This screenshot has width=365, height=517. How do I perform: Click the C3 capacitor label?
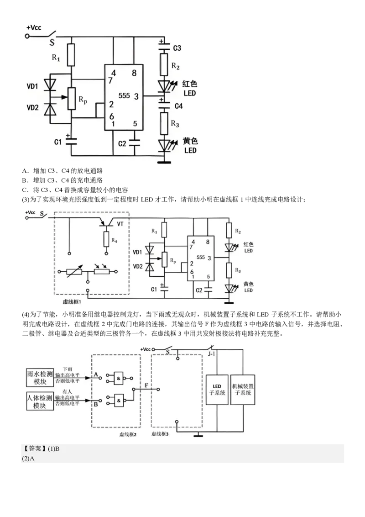(x=177, y=48)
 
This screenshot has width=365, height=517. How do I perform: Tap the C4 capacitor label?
(x=178, y=106)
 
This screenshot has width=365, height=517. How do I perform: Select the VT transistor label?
(x=120, y=224)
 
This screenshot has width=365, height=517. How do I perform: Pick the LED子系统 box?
(x=217, y=389)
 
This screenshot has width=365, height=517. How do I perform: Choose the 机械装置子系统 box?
(x=243, y=389)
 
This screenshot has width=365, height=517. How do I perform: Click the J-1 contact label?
(x=212, y=353)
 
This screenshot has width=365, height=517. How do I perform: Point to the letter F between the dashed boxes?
(x=146, y=386)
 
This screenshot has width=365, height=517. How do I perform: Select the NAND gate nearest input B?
(x=119, y=400)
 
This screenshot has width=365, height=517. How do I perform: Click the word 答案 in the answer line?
(x=35, y=449)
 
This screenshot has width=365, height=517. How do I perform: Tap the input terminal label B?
(x=96, y=404)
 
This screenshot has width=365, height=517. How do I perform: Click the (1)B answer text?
(x=54, y=449)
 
